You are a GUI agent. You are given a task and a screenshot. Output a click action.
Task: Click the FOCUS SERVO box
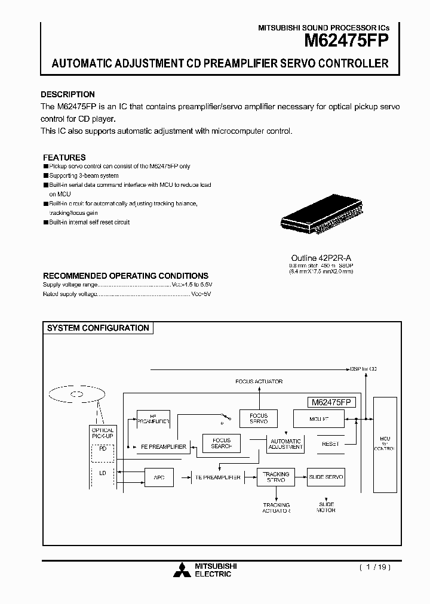tap(259, 418)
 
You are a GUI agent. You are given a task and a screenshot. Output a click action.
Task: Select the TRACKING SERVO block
tap(276, 477)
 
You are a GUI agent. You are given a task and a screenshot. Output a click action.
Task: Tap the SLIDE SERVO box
tap(326, 477)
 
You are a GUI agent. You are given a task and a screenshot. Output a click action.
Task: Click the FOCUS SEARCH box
tap(222, 443)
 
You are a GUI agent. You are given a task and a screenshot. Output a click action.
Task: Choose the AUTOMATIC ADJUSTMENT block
tap(286, 443)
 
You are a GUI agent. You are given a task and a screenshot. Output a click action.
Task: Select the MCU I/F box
tap(319, 419)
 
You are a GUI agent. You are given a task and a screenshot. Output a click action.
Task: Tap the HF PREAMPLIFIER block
tap(153, 418)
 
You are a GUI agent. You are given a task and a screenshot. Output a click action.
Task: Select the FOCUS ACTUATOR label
tap(259, 381)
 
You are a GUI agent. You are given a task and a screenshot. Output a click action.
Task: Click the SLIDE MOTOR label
tap(326, 507)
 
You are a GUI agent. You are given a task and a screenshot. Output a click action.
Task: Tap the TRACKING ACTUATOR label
tap(277, 508)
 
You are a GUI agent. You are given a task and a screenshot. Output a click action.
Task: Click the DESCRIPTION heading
tap(67, 94)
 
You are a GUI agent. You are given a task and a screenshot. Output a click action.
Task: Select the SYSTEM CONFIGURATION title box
tap(98, 328)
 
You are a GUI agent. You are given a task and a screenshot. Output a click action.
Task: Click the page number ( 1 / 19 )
tap(374, 568)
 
